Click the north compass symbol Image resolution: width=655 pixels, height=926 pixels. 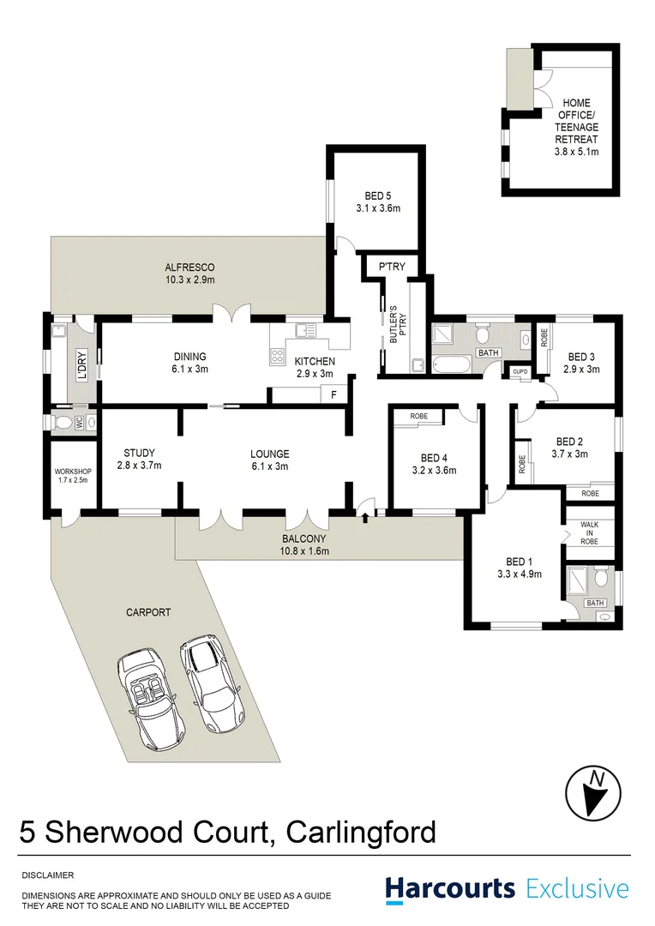pyautogui.click(x=592, y=791)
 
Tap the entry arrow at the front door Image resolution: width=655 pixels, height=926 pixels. pyautogui.click(x=366, y=516)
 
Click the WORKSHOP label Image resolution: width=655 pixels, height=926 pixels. pyautogui.click(x=73, y=472)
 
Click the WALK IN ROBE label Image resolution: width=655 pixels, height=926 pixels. pyautogui.click(x=588, y=532)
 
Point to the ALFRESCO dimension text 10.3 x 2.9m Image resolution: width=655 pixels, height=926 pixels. pyautogui.click(x=190, y=280)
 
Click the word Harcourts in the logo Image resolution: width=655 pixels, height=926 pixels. pyautogui.click(x=450, y=888)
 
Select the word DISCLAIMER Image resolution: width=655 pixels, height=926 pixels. pyautogui.click(x=48, y=875)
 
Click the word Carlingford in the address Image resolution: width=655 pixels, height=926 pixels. pyautogui.click(x=361, y=833)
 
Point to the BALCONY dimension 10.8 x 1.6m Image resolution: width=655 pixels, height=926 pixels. pyautogui.click(x=304, y=551)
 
